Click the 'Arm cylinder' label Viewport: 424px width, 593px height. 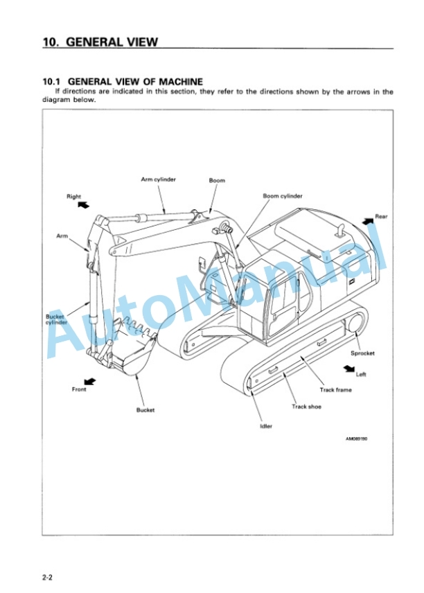pos(158,179)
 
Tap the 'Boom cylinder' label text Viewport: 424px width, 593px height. pos(283,196)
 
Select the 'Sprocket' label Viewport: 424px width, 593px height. pos(362,353)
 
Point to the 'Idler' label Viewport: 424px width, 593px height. pos(266,426)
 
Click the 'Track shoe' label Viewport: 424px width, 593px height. pos(306,407)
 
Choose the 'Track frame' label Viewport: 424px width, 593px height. pos(335,390)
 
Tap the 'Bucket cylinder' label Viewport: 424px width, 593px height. pos(55,319)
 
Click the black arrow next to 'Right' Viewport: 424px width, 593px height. pos(84,204)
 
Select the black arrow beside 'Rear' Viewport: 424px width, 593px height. pos(368,220)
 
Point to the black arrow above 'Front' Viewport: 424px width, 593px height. pos(89,381)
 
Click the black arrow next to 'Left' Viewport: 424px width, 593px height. pos(349,368)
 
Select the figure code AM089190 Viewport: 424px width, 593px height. pos(356,439)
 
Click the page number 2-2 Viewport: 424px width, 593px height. pos(47,578)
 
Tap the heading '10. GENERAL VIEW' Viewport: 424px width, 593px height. pos(100,42)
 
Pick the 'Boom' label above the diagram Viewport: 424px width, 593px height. pos(217,180)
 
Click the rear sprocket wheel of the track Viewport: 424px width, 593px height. pos(357,324)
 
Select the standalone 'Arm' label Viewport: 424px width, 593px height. pos(62,236)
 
